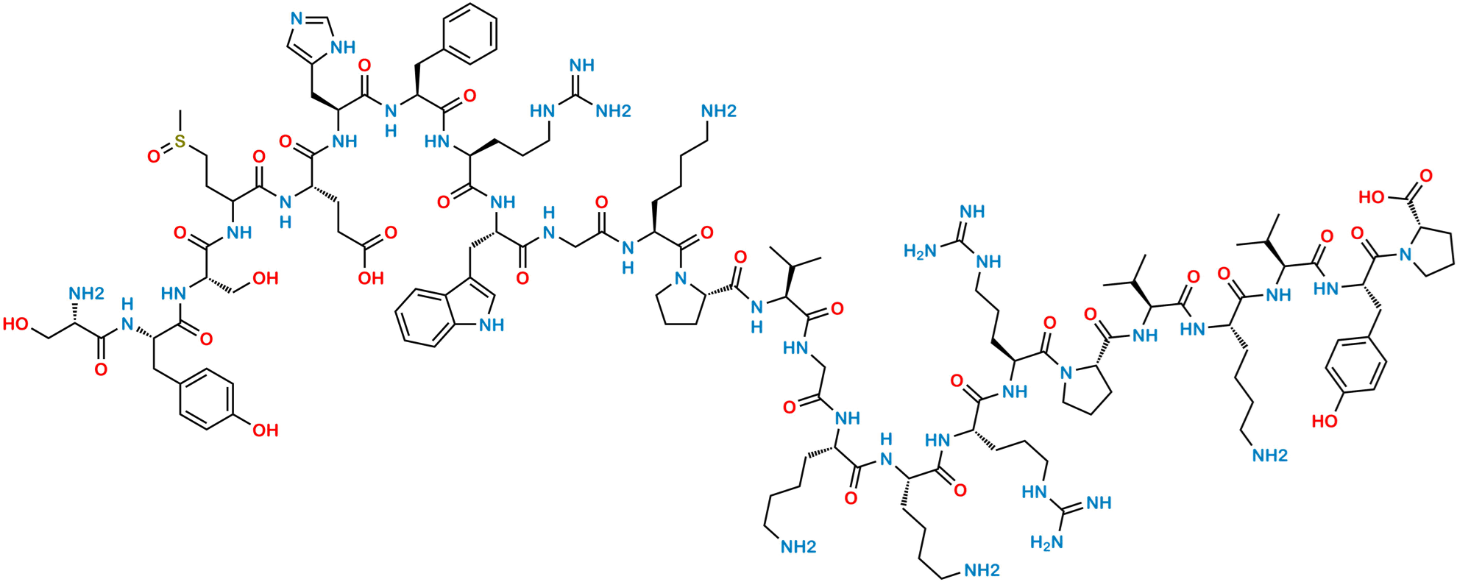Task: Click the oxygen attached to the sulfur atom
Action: pyautogui.click(x=153, y=157)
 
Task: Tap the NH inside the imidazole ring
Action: pyautogui.click(x=342, y=47)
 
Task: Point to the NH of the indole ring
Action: pyautogui.click(x=492, y=325)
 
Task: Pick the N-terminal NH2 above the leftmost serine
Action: pyautogui.click(x=86, y=294)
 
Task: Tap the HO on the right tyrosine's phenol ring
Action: pyautogui.click(x=1325, y=422)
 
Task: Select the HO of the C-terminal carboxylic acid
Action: pyautogui.click(x=1370, y=197)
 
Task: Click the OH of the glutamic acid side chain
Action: pyautogui.click(x=370, y=277)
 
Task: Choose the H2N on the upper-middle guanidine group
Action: pyautogui.click(x=920, y=252)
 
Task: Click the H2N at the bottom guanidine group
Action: pyautogui.click(x=1046, y=543)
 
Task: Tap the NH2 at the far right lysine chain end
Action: pyautogui.click(x=1270, y=455)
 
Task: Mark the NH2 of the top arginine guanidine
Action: pyautogui.click(x=612, y=112)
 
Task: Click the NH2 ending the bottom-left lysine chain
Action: pyautogui.click(x=798, y=547)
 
